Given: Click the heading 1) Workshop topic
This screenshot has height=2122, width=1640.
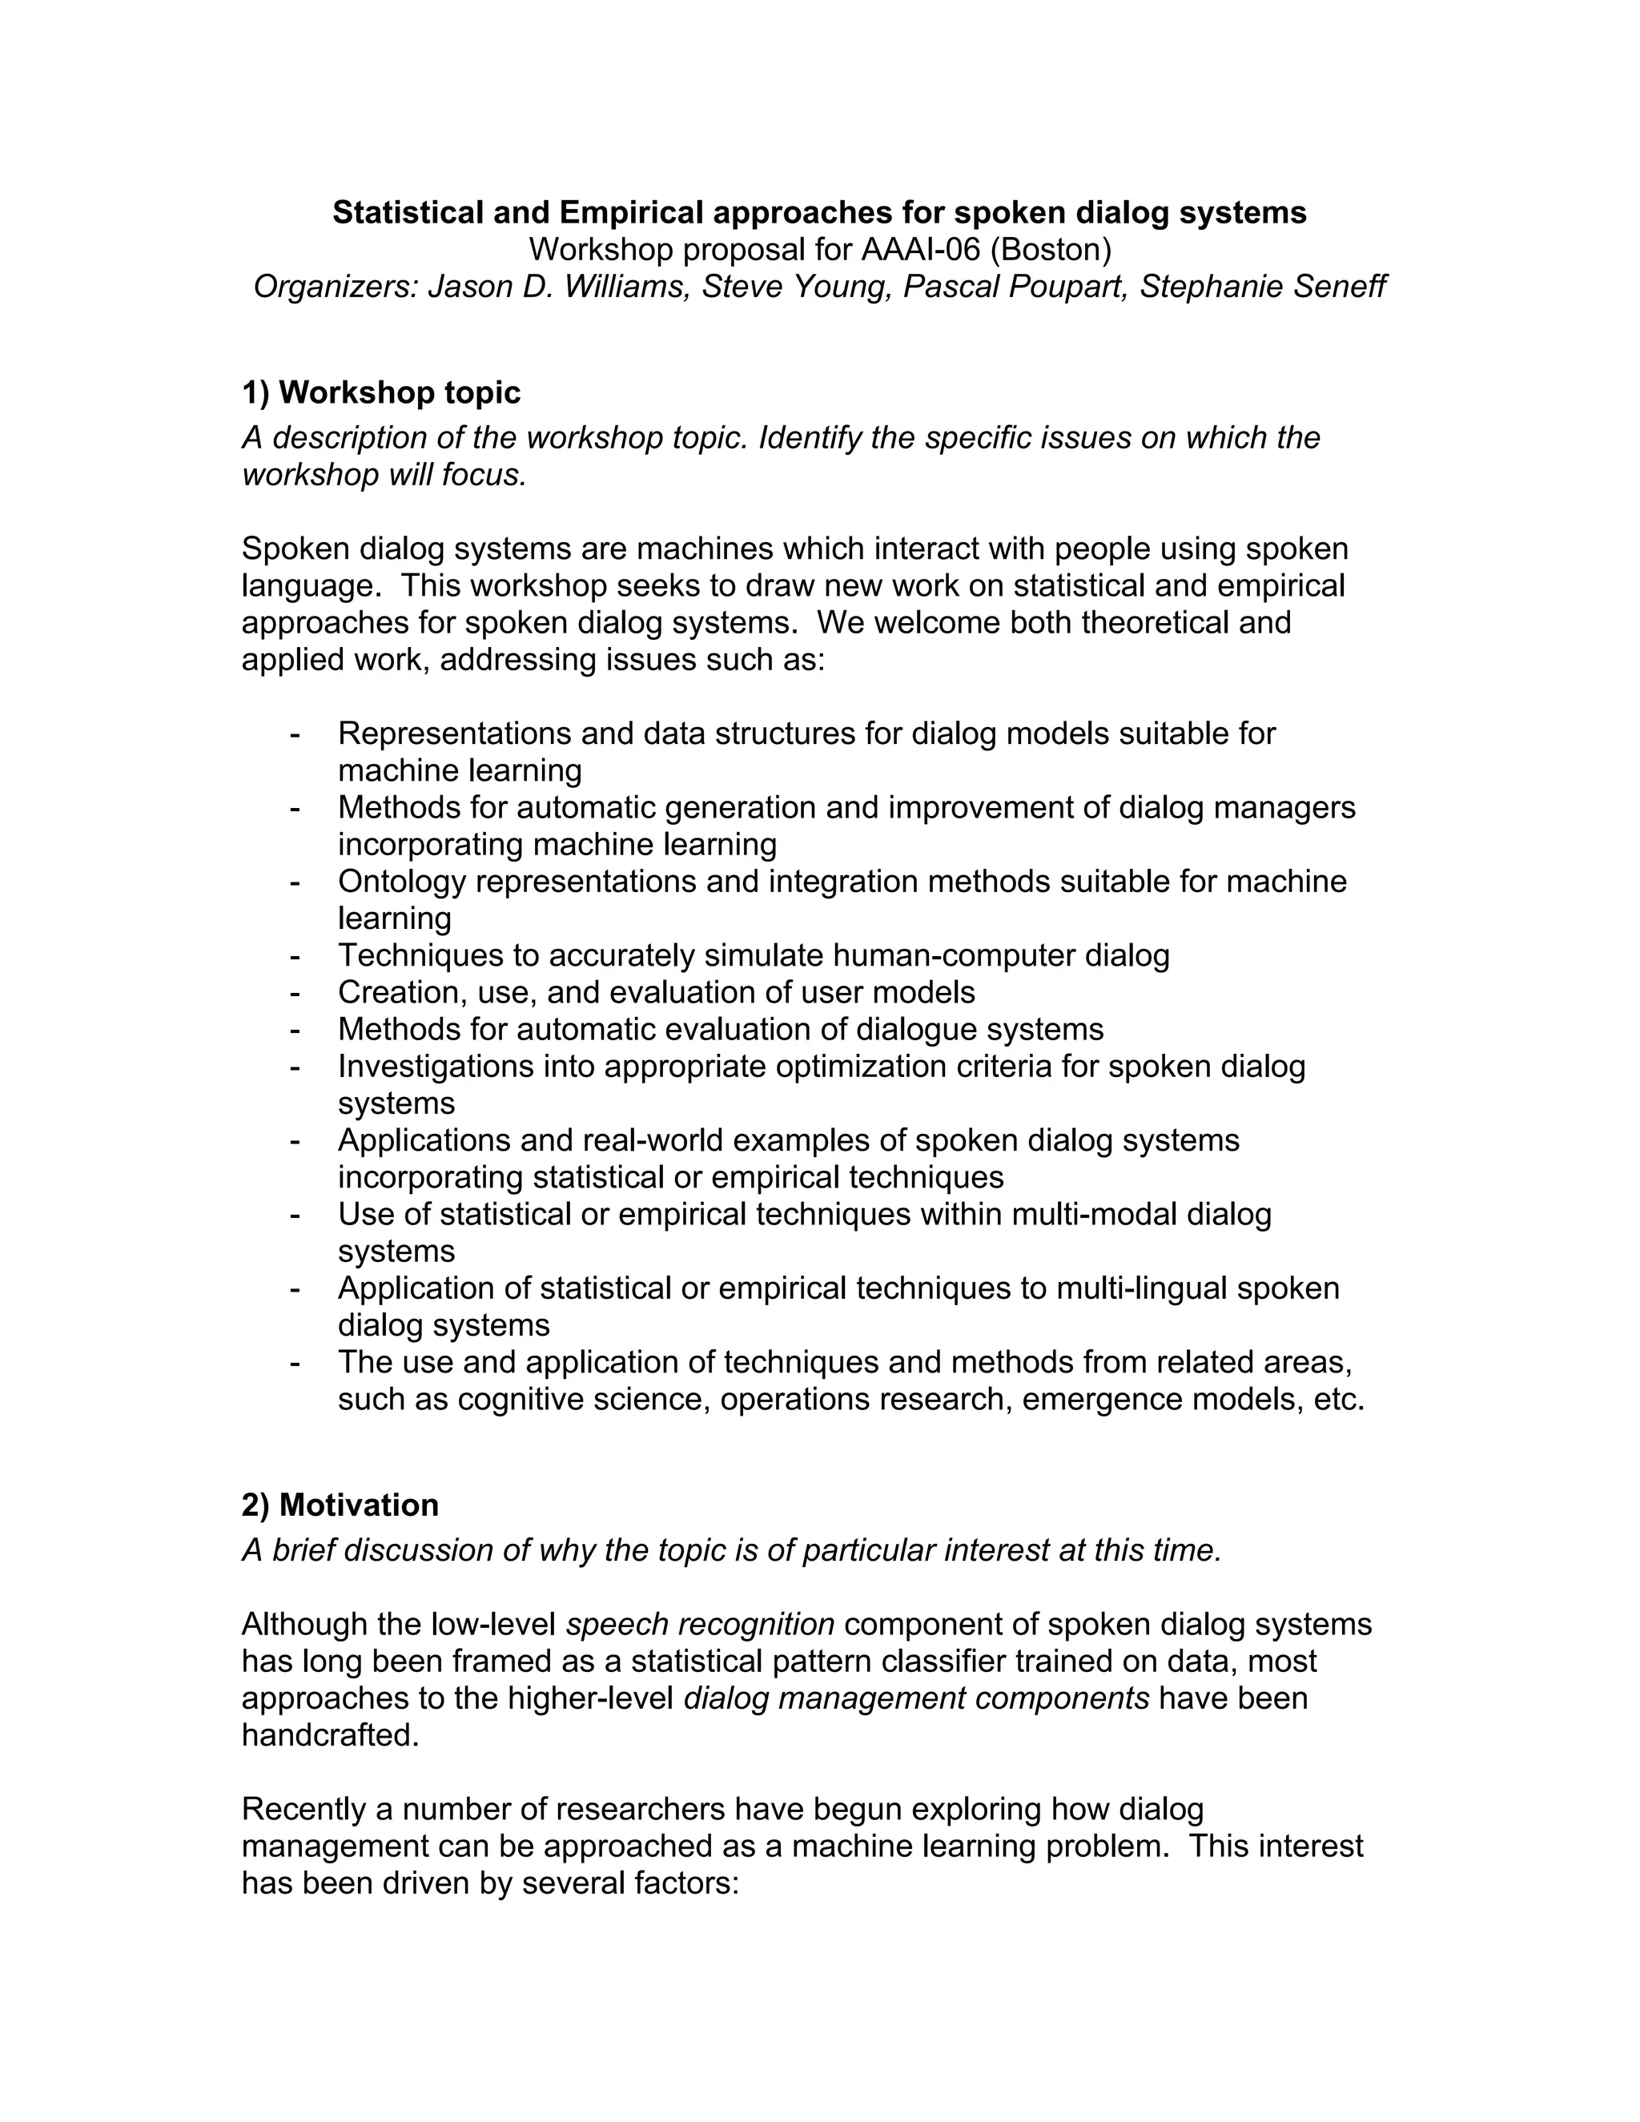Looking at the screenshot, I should (x=381, y=392).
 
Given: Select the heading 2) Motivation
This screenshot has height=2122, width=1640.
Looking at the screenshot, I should (x=340, y=1505).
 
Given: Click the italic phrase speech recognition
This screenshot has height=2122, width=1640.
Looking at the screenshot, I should (x=700, y=1625).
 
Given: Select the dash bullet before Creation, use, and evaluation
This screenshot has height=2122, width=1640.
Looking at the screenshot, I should (x=295, y=993).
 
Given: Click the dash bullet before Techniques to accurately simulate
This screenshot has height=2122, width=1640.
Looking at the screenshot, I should (x=295, y=956).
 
